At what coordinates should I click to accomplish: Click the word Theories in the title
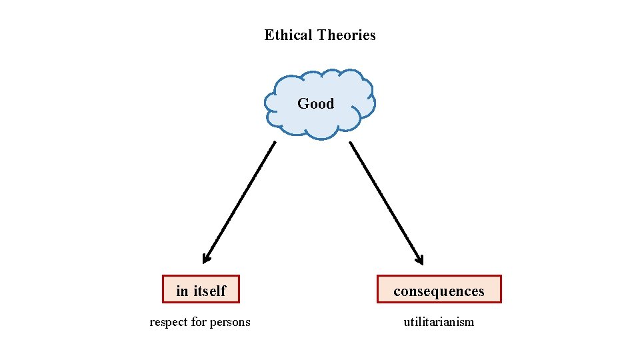tap(346, 35)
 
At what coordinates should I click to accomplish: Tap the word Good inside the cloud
tap(316, 103)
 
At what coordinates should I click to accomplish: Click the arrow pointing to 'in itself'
tap(240, 200)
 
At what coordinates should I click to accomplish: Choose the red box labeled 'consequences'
tap(384, 289)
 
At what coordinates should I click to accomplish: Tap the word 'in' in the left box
tap(182, 291)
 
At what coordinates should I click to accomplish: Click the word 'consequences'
tap(439, 291)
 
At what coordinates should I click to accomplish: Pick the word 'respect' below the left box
tap(169, 323)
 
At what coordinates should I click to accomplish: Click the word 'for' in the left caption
tap(199, 323)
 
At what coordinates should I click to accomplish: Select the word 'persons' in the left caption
tap(230, 323)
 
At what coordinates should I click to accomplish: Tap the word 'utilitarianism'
tap(439, 322)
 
